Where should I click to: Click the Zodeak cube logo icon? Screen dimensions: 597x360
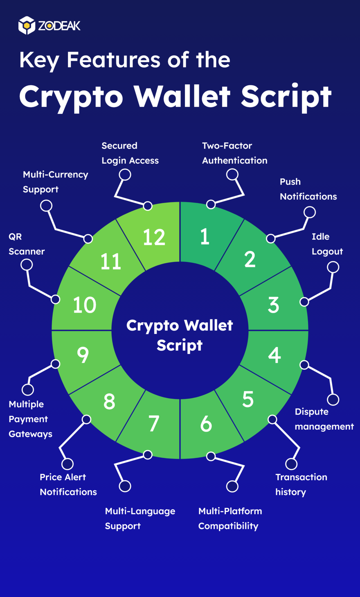coord(27,25)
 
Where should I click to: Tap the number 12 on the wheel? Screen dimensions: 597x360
coord(154,237)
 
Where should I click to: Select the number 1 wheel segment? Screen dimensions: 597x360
coord(205,237)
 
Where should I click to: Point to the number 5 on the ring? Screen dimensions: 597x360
coord(248,399)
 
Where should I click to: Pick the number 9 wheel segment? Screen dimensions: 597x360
coord(83,355)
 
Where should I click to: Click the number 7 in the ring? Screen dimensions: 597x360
coord(154,424)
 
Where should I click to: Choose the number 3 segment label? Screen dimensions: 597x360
coord(273,305)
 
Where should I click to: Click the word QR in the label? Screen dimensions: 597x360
coord(15,237)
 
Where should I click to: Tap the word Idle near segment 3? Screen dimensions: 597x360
coord(320,237)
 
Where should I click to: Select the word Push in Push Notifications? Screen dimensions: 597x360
coord(290,182)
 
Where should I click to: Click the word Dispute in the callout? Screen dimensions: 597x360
coord(311,412)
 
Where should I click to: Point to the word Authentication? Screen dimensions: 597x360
coord(235,161)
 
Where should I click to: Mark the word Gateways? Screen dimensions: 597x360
coord(30,434)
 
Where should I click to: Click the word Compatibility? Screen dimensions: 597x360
coord(228,526)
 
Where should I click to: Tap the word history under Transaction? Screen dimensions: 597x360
coord(290,492)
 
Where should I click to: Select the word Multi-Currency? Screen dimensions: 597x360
coord(55,175)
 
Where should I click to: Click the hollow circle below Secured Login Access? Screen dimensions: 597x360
coord(125,175)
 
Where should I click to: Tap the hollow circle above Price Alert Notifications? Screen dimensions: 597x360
coord(67,464)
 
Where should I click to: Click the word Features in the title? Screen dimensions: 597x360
coord(114,60)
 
